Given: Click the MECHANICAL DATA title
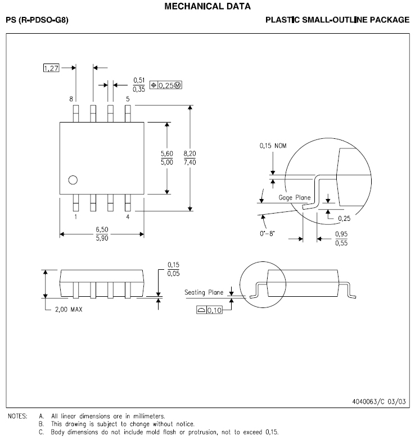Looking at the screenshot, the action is coord(207,6).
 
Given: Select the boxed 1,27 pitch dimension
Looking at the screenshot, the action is coord(51,68).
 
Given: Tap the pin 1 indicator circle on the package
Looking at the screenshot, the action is coord(73,180).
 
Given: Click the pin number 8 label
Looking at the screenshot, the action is coord(71,99).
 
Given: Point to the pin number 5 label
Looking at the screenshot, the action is coord(128,99).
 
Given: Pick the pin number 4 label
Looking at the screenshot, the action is coord(128,217).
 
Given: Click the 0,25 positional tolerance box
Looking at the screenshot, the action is coord(166,85).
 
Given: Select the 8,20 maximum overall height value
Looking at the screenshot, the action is coord(190,153).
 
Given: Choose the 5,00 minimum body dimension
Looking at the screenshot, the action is coord(167,162).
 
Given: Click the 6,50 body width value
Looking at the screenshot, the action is coord(102,229).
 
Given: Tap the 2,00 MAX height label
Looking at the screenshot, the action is coord(69,309).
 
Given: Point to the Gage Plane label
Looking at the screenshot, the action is coord(295,198).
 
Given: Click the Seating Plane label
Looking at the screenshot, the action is coord(204,292).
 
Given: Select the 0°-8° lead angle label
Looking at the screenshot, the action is coord(267,233).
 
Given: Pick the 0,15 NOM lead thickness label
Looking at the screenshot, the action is coord(273,146).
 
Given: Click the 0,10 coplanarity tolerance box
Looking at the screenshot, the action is coord(209,310).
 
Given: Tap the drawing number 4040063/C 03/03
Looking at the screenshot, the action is coord(379,402).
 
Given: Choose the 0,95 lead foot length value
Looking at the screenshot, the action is coord(341,234).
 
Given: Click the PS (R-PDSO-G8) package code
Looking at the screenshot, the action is coord(37,20).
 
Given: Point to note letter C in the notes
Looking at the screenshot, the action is coord(41,432).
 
